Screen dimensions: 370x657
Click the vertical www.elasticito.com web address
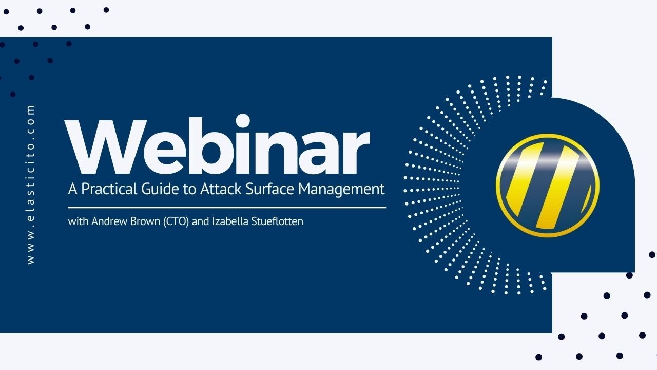coord(31,185)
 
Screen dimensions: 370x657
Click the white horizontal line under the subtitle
coord(227,208)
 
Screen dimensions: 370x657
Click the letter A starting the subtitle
coord(72,189)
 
